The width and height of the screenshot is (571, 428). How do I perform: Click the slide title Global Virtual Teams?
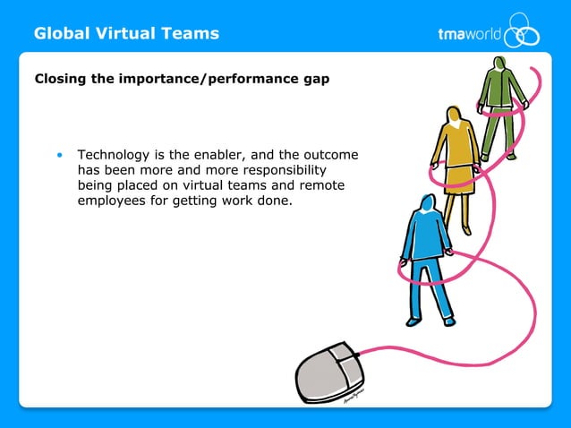[x=126, y=34]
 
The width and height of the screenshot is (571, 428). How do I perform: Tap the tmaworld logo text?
[x=468, y=35]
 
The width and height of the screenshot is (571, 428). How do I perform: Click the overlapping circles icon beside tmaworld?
[x=522, y=31]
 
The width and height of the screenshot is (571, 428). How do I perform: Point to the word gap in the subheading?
[x=314, y=79]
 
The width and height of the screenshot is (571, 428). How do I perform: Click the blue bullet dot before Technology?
[x=60, y=156]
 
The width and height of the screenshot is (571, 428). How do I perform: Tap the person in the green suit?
[x=501, y=107]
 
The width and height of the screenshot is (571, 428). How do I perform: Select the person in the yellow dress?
[x=457, y=166]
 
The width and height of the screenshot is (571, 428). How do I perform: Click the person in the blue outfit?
[x=424, y=255]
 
